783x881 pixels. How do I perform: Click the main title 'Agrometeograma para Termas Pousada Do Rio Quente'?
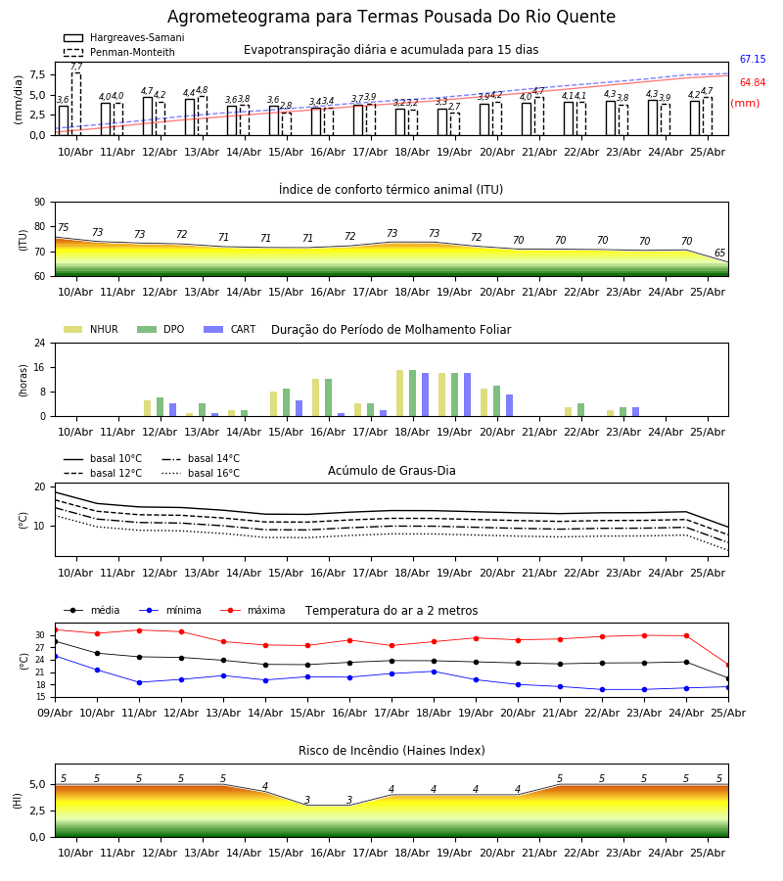click(x=391, y=17)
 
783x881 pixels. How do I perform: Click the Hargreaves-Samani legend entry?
click(x=123, y=37)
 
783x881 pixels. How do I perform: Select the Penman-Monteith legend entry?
click(x=119, y=52)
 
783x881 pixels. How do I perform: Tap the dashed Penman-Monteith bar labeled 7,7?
click(x=75, y=104)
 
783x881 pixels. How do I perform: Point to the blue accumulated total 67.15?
click(x=753, y=59)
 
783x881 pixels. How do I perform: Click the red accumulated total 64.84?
click(x=753, y=82)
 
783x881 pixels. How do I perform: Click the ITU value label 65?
click(x=719, y=253)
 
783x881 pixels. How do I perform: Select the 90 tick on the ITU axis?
click(x=40, y=203)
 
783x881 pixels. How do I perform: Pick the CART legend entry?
click(x=230, y=329)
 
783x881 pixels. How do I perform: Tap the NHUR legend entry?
click(x=90, y=329)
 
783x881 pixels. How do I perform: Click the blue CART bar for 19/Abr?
click(x=467, y=395)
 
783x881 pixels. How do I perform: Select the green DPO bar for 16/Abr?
click(x=328, y=397)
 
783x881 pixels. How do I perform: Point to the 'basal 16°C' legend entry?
click(x=201, y=473)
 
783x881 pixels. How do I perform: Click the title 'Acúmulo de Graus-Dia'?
click(x=391, y=471)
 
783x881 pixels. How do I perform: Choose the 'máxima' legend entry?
click(x=253, y=610)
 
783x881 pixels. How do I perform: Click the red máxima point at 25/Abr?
click(x=728, y=666)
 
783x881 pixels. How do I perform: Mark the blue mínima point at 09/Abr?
click(x=55, y=656)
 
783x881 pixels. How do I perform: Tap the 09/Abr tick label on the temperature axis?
click(x=55, y=713)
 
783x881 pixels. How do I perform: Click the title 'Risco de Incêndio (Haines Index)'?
click(x=391, y=751)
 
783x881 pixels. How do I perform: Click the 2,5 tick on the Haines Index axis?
click(x=38, y=811)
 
